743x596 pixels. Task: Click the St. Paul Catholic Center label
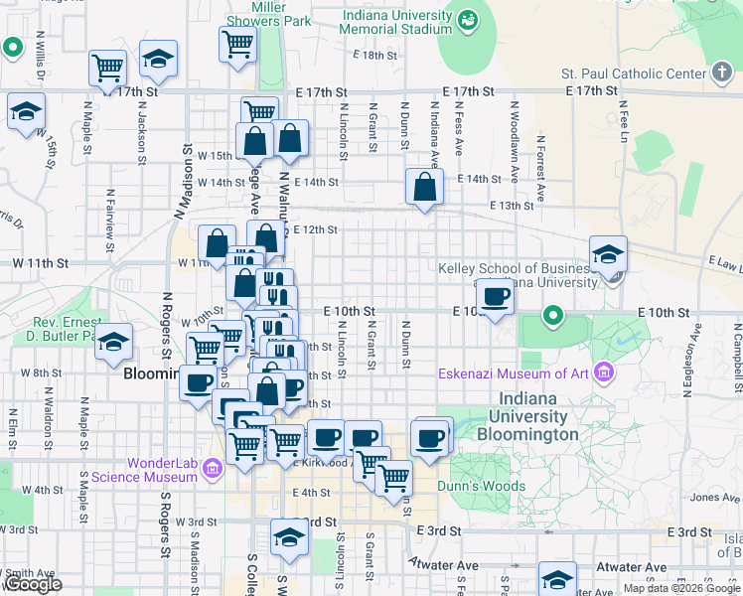pos(634,74)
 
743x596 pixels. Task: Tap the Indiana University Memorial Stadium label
pos(395,23)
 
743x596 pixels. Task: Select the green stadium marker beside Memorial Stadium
pos(467,18)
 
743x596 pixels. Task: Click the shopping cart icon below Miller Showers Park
pos(238,44)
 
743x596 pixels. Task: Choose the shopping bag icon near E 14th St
pos(424,187)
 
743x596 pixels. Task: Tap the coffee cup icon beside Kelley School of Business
pos(496,294)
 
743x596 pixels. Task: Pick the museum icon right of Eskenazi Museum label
pos(606,373)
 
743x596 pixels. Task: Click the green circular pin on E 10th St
pos(553,317)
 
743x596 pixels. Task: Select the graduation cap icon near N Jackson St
pos(158,59)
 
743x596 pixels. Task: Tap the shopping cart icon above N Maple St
pos(107,69)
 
